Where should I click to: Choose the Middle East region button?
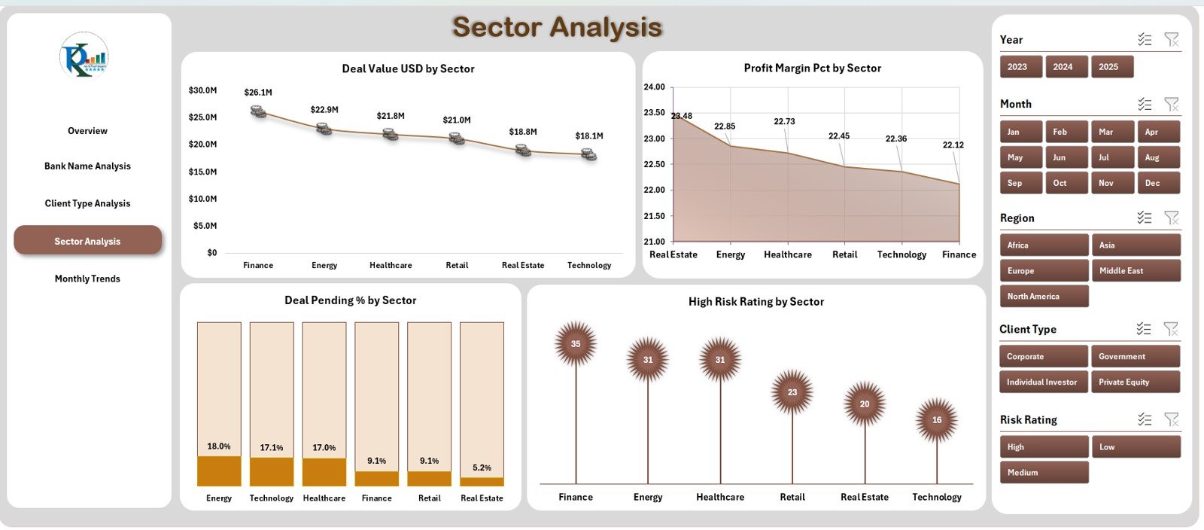click(x=1135, y=271)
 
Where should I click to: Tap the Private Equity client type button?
click(x=1135, y=382)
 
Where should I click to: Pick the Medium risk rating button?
click(x=1043, y=473)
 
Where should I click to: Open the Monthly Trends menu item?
click(x=87, y=279)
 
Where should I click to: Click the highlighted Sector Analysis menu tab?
click(x=87, y=241)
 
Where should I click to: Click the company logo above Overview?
click(x=84, y=56)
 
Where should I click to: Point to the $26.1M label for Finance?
click(x=258, y=93)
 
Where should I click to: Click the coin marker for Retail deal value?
click(x=457, y=139)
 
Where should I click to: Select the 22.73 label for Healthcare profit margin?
click(x=784, y=121)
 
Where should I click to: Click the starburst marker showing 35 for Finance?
click(x=576, y=344)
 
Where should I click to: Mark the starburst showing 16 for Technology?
click(x=937, y=420)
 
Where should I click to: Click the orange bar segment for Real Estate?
click(x=482, y=482)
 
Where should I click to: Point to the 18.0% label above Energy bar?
click(x=219, y=446)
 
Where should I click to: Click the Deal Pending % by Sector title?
click(x=350, y=300)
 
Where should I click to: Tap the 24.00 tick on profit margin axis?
click(x=654, y=87)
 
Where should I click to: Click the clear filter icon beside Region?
click(x=1172, y=218)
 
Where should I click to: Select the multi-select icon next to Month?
click(x=1145, y=104)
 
